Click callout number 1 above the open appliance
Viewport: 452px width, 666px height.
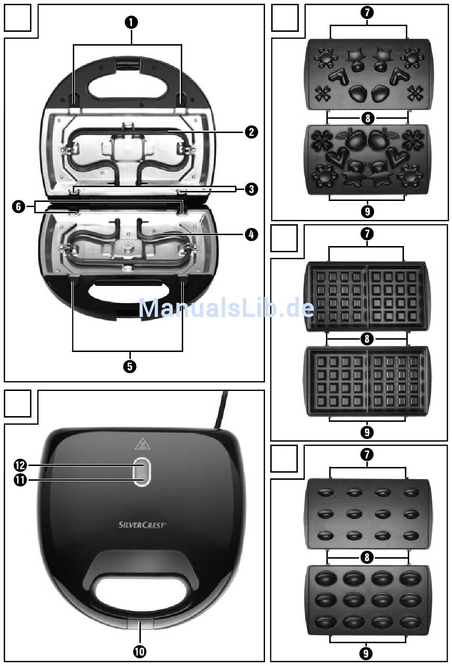point(131,22)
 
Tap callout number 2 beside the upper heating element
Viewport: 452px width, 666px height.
point(251,132)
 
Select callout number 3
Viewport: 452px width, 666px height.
point(251,189)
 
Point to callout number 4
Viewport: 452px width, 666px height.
point(251,234)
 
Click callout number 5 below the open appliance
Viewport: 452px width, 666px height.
point(129,366)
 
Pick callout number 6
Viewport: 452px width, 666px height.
point(19,207)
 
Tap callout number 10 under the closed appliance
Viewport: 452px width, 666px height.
point(140,651)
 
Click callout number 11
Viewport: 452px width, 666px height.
point(20,480)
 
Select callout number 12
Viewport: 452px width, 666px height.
point(20,466)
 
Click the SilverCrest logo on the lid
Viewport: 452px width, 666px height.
point(142,525)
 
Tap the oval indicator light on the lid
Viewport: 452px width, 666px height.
point(141,472)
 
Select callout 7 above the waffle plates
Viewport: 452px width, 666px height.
point(366,234)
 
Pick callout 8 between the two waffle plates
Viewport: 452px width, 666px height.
point(366,339)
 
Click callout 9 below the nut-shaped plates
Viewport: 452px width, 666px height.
point(365,653)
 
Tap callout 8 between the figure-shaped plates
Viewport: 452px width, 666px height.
point(367,117)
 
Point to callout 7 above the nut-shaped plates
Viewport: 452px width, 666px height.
point(366,455)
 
